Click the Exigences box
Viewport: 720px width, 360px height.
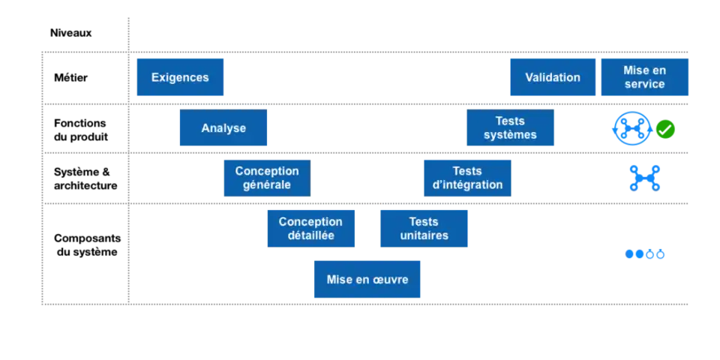point(180,77)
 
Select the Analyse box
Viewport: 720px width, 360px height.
point(223,128)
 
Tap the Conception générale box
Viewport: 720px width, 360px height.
point(267,178)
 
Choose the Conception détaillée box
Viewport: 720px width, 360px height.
point(311,229)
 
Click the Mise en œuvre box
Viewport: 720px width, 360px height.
point(368,279)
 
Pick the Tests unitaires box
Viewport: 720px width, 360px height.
point(424,229)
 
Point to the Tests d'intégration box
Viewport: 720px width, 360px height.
point(467,178)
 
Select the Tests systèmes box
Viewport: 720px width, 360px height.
point(510,128)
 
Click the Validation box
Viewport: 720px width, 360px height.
point(553,77)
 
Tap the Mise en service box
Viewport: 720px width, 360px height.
point(644,77)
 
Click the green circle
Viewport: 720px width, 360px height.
point(665,129)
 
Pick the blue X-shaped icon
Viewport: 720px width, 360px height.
point(644,177)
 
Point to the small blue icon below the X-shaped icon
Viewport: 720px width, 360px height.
point(644,255)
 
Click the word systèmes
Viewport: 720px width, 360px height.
point(510,136)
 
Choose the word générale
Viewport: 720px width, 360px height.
point(267,185)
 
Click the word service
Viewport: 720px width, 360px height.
point(644,84)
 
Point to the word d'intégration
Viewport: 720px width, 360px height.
point(467,185)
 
